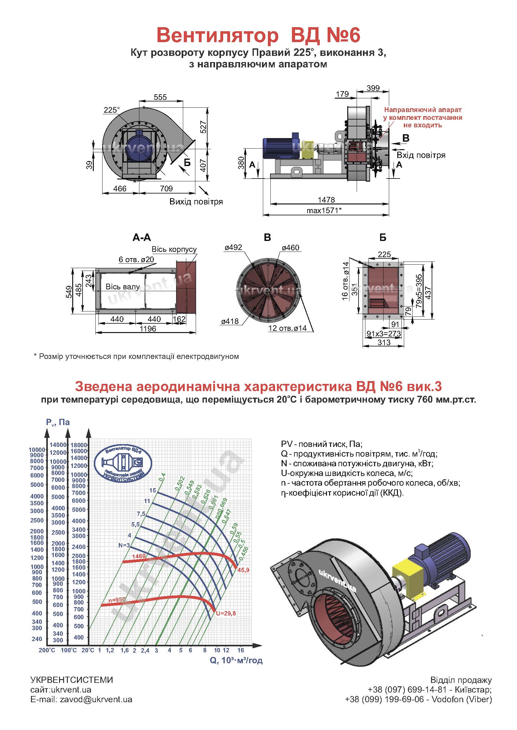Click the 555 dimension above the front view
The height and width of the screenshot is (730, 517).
pyautogui.click(x=160, y=97)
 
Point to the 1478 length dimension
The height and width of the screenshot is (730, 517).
pyautogui.click(x=326, y=200)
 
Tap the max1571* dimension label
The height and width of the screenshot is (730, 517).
pyautogui.click(x=324, y=210)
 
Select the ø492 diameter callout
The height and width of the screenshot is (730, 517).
pyautogui.click(x=233, y=247)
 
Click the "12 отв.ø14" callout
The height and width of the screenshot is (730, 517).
pyautogui.click(x=288, y=328)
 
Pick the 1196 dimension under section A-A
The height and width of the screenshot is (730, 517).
pyautogui.click(x=148, y=328)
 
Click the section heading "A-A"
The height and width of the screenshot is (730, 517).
pyautogui.click(x=142, y=238)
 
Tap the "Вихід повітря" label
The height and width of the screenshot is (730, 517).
pyautogui.click(x=196, y=202)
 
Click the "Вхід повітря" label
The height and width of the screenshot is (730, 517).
pyautogui.click(x=421, y=155)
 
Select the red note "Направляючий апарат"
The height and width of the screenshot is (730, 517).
pyautogui.click(x=423, y=110)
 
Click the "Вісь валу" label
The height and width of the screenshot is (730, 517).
pyautogui.click(x=123, y=287)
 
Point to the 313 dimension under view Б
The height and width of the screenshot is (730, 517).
pyautogui.click(x=384, y=342)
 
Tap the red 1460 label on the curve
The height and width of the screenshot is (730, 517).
pyautogui.click(x=139, y=556)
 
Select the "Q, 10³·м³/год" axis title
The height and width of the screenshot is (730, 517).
pyautogui.click(x=236, y=661)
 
